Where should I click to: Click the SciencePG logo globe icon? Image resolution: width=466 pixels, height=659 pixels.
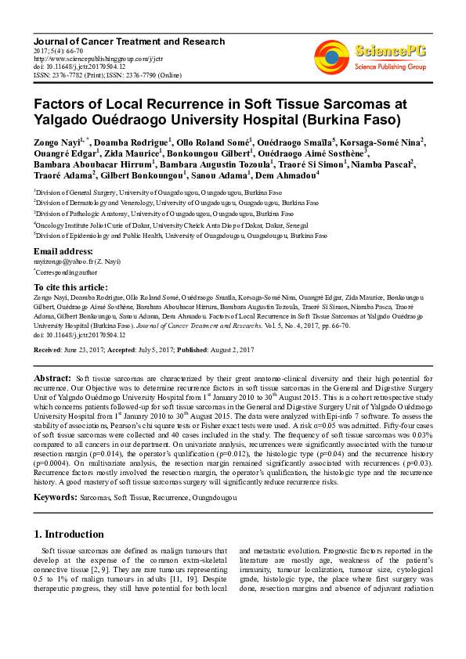click(333, 53)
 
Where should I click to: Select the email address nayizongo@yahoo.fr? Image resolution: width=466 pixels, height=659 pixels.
click(67, 262)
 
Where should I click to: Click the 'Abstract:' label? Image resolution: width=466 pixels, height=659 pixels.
click(52, 378)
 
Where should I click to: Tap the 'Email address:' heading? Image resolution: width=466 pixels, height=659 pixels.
click(63, 251)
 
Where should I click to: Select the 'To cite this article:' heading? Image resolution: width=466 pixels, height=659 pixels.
click(70, 287)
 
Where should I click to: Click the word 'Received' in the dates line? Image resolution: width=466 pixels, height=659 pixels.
click(48, 348)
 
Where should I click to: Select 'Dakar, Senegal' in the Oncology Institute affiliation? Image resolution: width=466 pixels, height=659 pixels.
click(280, 223)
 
